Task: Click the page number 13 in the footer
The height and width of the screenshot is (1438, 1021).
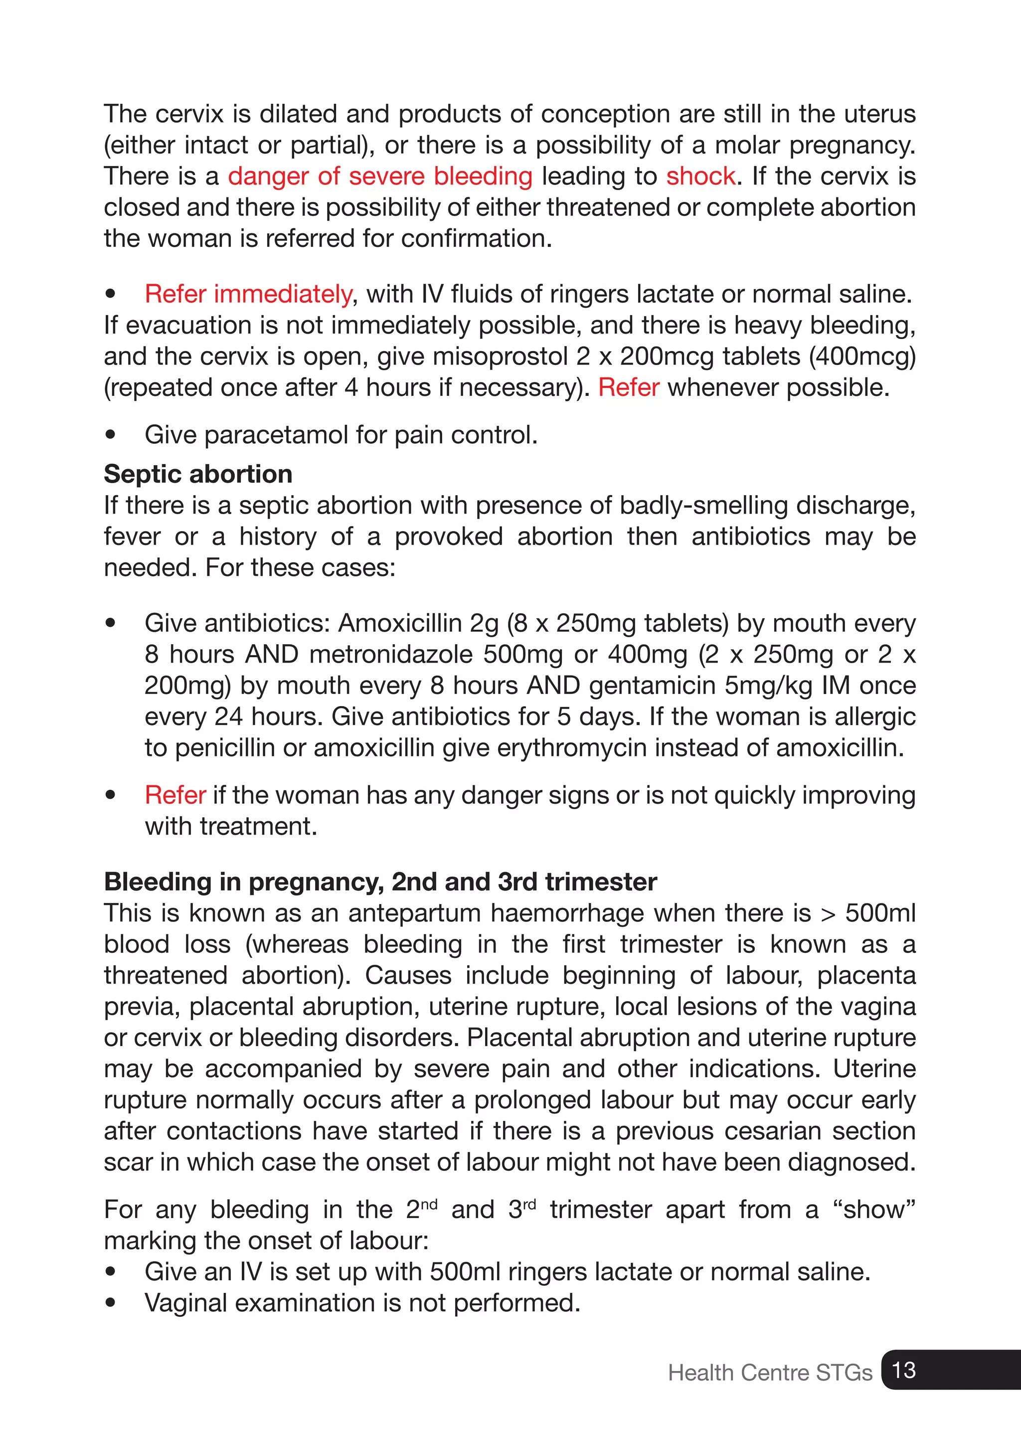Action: click(x=903, y=1370)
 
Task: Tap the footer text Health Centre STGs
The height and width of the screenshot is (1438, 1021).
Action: click(x=770, y=1372)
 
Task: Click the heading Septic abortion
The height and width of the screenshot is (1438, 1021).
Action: click(x=198, y=474)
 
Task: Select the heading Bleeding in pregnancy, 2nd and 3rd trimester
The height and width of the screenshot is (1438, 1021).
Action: click(x=380, y=882)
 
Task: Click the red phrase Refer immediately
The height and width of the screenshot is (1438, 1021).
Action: click(x=248, y=294)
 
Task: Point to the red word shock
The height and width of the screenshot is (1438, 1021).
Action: click(x=700, y=176)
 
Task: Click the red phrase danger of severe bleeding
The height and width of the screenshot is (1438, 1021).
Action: click(x=380, y=176)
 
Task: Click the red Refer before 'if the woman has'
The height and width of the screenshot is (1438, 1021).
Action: click(x=175, y=795)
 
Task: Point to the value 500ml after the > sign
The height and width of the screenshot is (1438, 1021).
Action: click(x=879, y=913)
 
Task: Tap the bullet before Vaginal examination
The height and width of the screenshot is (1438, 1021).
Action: click(x=111, y=1303)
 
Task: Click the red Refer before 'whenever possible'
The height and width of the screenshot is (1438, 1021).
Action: click(x=628, y=387)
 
